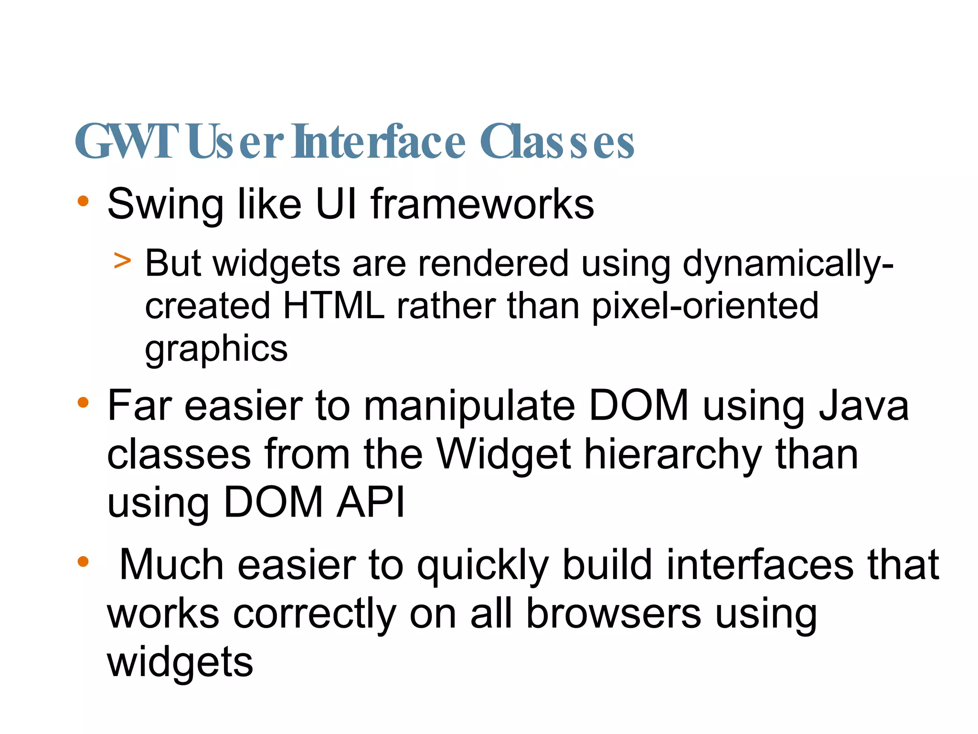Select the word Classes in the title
tap(557, 141)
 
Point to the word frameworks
tap(482, 204)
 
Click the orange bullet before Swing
tap(83, 201)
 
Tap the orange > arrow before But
tap(122, 260)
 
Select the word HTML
tap(333, 306)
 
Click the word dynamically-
tap(788, 264)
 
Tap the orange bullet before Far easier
tap(83, 402)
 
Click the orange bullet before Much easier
tap(83, 561)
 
